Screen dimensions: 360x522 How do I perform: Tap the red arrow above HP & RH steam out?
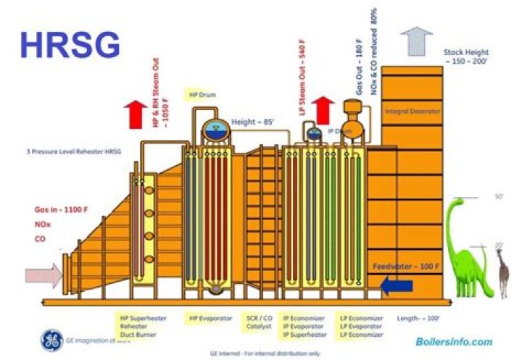[134, 113]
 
